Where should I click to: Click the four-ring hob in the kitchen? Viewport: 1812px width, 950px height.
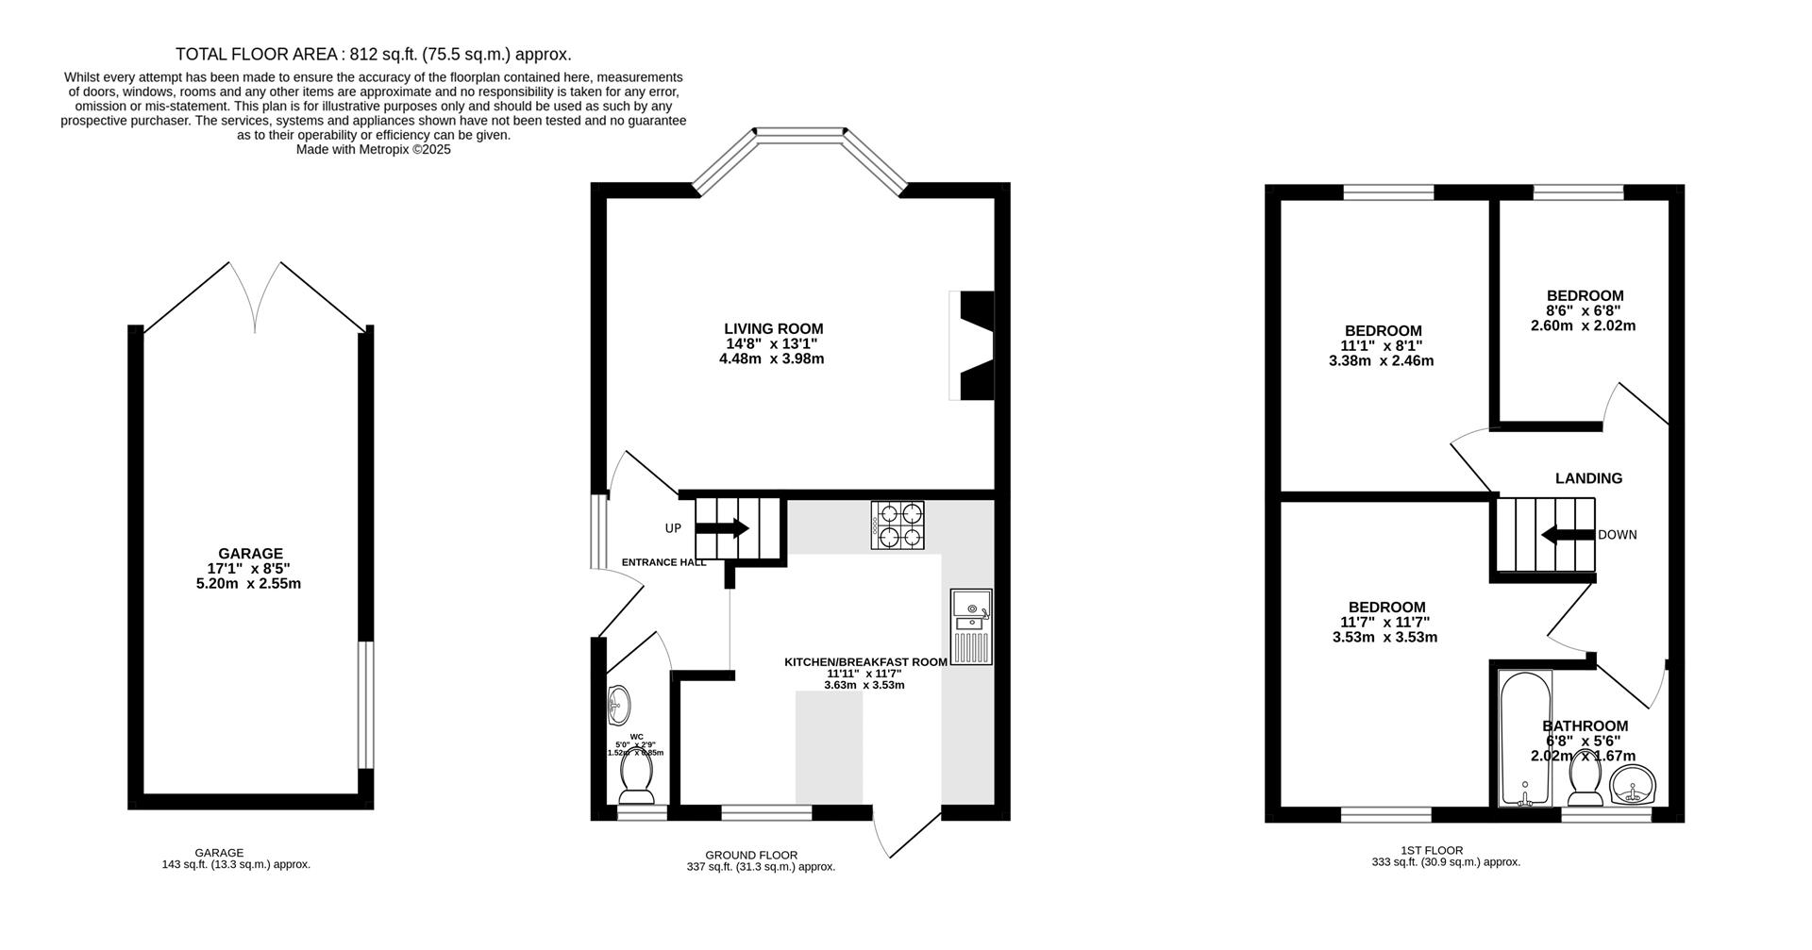(898, 526)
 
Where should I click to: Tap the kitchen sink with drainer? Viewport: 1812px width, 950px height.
(971, 626)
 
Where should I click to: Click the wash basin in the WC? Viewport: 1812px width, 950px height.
(619, 703)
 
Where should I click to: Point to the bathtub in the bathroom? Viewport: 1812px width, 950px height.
(1525, 738)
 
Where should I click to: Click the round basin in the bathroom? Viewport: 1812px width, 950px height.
(1632, 785)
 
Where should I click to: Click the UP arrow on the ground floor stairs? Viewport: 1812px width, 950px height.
(722, 528)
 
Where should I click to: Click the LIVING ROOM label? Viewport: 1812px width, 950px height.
(773, 329)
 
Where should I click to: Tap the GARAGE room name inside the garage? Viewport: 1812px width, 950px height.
(250, 554)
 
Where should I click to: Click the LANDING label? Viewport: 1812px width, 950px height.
(1588, 478)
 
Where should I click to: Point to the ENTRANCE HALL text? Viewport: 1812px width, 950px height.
(663, 562)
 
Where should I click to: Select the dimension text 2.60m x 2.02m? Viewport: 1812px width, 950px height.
(1583, 325)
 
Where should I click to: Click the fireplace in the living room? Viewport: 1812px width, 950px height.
(972, 346)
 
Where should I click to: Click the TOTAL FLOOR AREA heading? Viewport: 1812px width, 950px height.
(373, 55)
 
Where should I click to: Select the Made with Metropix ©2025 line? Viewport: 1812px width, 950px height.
(373, 149)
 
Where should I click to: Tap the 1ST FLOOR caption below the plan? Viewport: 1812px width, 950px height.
(1446, 850)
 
